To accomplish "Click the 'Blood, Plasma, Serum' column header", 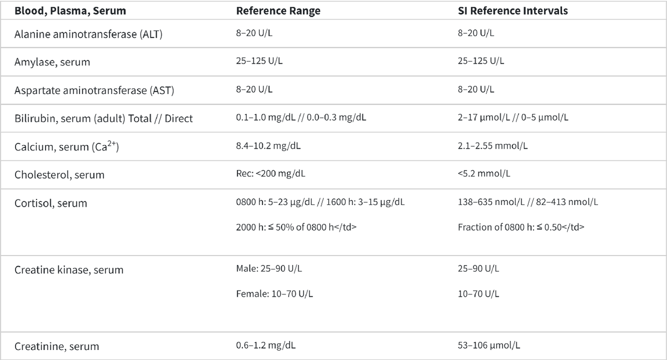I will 70,11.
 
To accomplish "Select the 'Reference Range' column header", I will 278,11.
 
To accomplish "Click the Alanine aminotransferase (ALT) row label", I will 88,34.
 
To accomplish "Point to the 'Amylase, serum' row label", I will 52,62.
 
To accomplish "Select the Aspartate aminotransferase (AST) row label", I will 90,90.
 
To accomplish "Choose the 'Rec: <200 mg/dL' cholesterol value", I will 270,173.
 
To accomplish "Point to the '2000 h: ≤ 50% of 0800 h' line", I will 296,227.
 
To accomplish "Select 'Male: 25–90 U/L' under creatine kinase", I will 270,269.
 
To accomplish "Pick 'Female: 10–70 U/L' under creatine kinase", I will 275,294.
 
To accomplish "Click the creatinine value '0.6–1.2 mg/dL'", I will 266,345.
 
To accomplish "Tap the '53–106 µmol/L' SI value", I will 489,345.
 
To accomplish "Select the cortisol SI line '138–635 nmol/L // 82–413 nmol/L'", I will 528,202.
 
